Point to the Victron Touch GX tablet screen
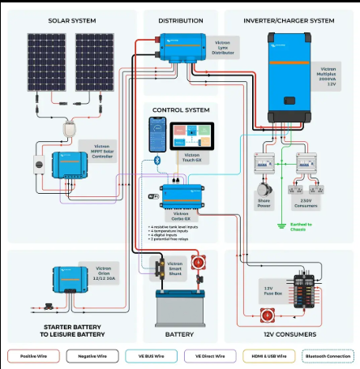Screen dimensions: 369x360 coord(195,135)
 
